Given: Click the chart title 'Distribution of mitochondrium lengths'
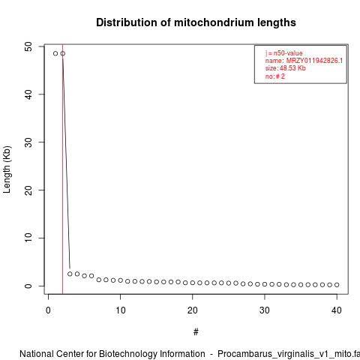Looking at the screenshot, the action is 196,22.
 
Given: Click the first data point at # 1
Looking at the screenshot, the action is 55,53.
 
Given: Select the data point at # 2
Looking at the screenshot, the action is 63,53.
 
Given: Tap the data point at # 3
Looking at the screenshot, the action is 70,274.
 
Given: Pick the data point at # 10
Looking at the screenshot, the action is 120,280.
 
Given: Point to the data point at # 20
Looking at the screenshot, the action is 193,283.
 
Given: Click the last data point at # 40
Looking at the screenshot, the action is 337,285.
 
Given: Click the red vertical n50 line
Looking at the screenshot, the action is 62,169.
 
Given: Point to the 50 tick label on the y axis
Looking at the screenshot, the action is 28,46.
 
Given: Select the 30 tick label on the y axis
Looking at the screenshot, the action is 28,142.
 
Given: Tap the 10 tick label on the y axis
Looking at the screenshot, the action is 28,238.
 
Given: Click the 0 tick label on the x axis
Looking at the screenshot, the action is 48,310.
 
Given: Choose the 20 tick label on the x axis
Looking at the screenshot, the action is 193,310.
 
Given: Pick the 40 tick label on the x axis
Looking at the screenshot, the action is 337,310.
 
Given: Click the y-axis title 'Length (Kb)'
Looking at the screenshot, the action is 7,169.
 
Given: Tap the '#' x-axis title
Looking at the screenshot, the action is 196,332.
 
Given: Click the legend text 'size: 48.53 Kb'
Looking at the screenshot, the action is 286,68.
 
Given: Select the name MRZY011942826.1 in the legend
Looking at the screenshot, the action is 314,61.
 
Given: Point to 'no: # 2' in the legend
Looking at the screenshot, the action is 275,76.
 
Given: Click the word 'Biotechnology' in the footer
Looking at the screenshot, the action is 127,354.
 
